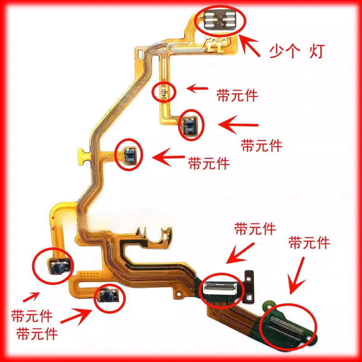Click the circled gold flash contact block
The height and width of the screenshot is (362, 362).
click(x=220, y=20)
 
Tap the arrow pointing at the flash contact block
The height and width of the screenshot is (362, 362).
click(x=250, y=47)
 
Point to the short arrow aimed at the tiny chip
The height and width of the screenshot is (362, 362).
click(x=198, y=88)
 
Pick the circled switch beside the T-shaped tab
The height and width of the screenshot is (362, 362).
click(x=129, y=155)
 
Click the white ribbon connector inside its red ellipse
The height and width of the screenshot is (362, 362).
click(x=221, y=286)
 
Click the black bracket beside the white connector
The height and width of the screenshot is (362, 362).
click(x=249, y=286)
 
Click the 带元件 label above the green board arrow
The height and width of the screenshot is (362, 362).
click(x=310, y=243)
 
